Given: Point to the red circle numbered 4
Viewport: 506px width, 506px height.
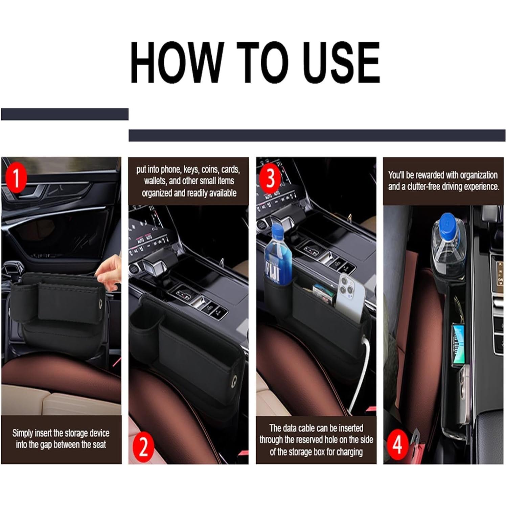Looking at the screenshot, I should coord(397,444).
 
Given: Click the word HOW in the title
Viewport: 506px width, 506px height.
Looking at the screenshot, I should coord(177,63).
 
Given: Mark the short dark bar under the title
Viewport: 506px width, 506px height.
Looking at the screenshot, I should coord(65,114).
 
